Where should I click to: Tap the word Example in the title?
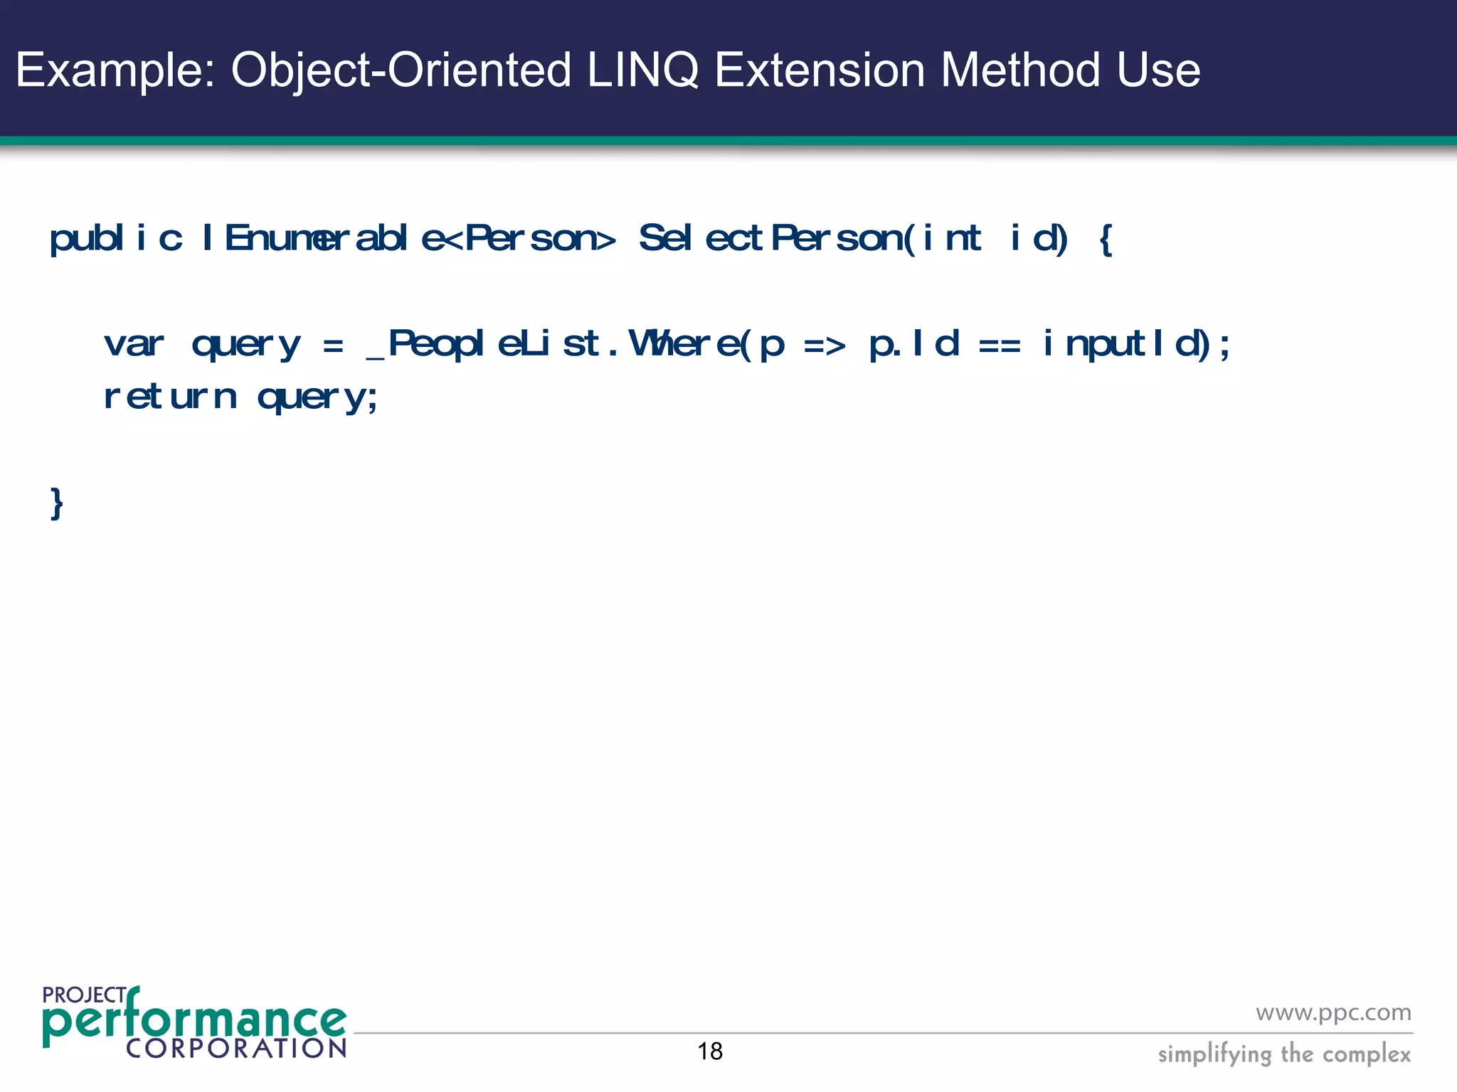coord(114,70)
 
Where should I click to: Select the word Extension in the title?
coord(819,70)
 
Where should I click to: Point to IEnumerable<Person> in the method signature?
coord(408,238)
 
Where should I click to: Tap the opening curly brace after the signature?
coord(1105,240)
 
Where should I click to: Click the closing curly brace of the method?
coord(57,504)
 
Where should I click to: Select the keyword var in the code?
coord(134,345)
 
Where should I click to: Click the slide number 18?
coord(710,1051)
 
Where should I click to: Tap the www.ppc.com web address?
coord(1333,1012)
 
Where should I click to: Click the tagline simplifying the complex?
coord(1284,1054)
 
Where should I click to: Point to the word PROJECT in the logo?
coord(84,995)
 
